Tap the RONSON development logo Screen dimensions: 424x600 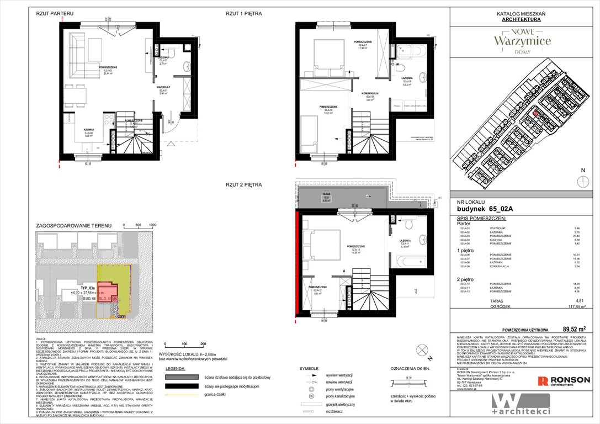pos(564,381)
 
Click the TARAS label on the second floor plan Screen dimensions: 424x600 pos(326,194)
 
